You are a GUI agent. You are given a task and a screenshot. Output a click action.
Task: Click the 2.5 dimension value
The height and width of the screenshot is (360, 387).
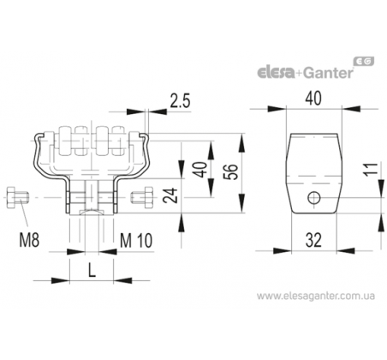click(x=180, y=101)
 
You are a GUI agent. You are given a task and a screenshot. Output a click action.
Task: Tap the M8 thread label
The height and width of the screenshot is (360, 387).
click(x=29, y=240)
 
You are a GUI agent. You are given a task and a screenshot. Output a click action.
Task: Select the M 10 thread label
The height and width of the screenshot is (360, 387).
click(x=136, y=241)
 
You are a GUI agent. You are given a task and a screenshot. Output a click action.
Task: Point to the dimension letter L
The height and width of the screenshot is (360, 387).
click(x=92, y=270)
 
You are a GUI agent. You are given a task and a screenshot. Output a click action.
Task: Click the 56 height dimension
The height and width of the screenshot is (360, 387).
click(x=231, y=171)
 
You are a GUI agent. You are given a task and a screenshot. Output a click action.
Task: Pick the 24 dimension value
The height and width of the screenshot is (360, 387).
click(x=170, y=195)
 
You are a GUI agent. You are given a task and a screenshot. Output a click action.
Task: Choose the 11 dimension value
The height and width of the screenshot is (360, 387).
click(x=372, y=169)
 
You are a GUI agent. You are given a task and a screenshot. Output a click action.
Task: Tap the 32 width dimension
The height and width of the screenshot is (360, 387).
click(x=313, y=240)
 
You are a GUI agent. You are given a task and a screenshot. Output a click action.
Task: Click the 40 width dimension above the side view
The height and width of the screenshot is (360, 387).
click(x=313, y=99)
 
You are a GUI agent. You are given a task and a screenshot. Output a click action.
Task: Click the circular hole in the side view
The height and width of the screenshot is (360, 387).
click(x=314, y=197)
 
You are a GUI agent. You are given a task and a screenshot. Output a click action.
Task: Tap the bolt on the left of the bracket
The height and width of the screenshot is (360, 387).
click(x=17, y=198)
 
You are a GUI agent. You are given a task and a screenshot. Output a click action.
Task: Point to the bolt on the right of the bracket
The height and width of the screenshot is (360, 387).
click(x=142, y=197)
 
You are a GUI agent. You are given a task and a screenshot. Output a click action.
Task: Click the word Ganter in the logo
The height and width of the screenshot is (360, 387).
click(x=328, y=73)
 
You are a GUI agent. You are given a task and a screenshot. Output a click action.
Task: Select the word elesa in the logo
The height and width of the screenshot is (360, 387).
click(x=276, y=73)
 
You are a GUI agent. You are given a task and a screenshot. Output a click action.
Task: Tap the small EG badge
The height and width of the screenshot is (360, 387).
click(x=364, y=62)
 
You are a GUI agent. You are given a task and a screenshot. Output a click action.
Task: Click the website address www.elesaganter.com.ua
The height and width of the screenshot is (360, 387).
click(x=315, y=296)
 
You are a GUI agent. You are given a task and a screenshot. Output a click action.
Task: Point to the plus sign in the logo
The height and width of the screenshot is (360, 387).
click(x=299, y=74)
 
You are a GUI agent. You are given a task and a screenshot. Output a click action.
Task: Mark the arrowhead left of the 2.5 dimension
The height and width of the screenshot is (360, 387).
click(x=135, y=111)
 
